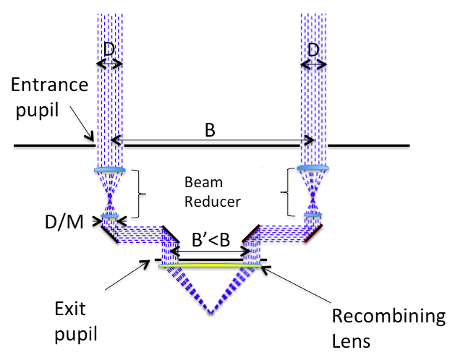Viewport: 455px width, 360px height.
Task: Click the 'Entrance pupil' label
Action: tap(49, 97)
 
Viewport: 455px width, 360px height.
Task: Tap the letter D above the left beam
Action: tap(109, 51)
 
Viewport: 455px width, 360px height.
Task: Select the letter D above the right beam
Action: tap(313, 51)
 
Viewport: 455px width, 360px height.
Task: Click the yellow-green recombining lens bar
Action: tap(211, 267)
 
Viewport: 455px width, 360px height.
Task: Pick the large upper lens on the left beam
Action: tap(109, 171)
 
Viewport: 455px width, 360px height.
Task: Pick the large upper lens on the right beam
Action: tap(313, 168)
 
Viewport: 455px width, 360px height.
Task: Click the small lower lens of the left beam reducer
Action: tap(109, 215)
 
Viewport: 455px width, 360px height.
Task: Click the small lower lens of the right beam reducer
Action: tap(313, 215)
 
